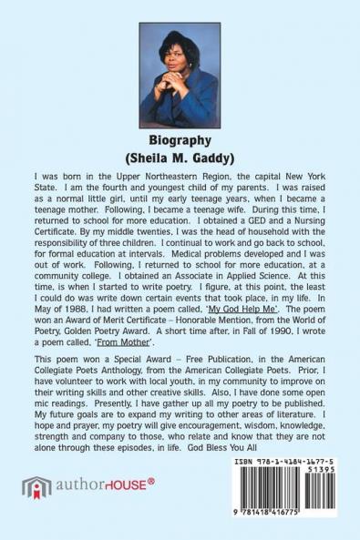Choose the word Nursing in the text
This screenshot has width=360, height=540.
(x=297, y=219)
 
